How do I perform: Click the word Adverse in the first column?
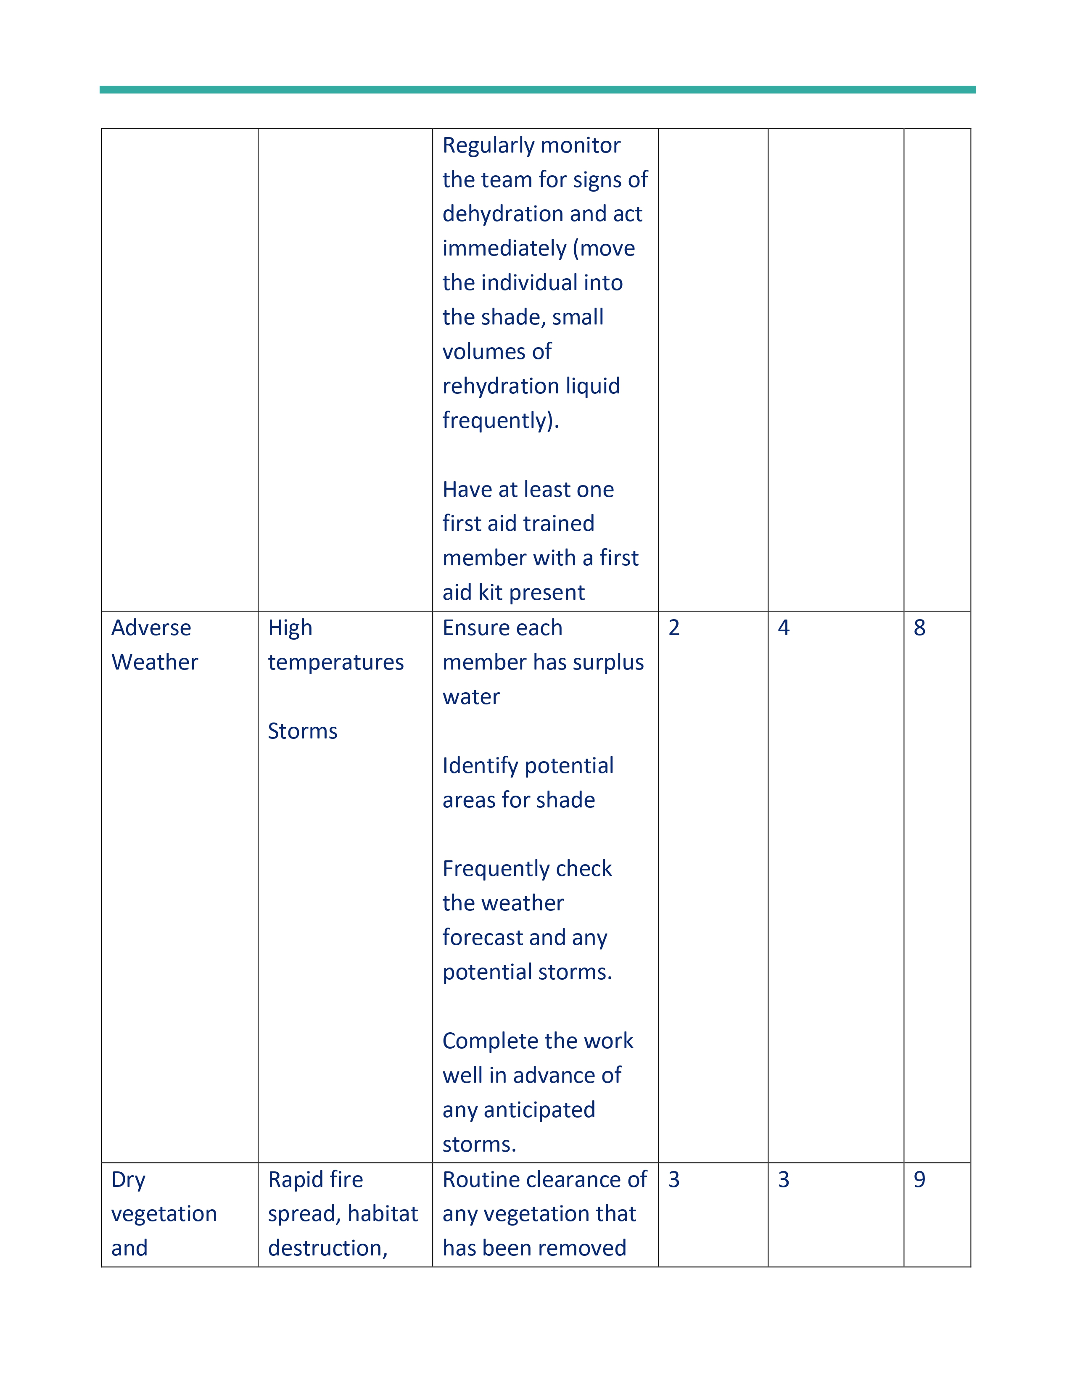(x=151, y=628)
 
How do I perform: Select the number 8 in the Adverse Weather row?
(x=919, y=628)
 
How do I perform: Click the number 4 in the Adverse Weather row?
(x=784, y=628)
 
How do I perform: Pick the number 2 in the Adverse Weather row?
(x=674, y=628)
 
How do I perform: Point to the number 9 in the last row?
(x=919, y=1179)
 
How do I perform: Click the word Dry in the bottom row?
(x=128, y=1179)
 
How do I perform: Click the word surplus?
(x=613, y=662)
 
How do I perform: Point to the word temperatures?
(x=335, y=662)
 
